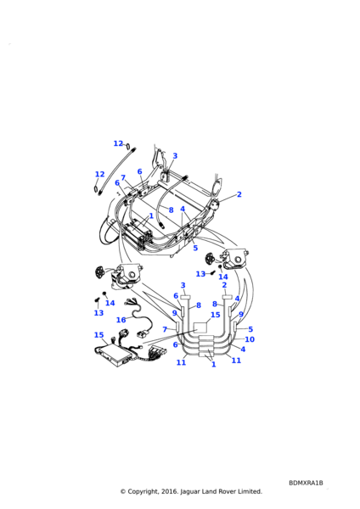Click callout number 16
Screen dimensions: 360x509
[121, 320]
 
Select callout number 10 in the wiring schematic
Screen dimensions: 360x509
[250, 339]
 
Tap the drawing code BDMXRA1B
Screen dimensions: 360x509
[306, 483]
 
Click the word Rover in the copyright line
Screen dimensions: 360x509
[226, 491]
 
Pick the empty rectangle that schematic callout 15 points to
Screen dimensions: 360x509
[200, 327]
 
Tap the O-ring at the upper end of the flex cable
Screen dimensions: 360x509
[127, 145]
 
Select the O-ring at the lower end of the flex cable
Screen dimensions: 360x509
[96, 189]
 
